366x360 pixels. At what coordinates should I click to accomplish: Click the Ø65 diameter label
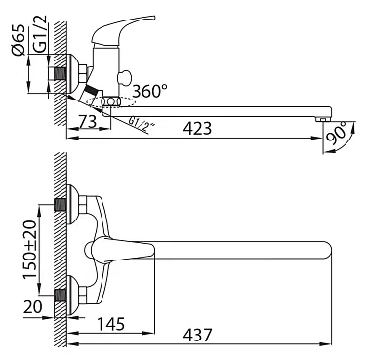click(x=19, y=39)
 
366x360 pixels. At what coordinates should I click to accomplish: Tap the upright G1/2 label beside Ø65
click(x=41, y=33)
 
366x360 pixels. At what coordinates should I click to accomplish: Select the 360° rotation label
click(x=150, y=91)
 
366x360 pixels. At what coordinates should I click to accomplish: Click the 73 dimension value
click(x=87, y=121)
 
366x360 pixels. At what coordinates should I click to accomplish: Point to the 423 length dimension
click(x=197, y=128)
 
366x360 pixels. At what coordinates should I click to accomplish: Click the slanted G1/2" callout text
click(x=141, y=125)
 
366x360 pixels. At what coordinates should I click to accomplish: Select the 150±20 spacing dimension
click(x=30, y=250)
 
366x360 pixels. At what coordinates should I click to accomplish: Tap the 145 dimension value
click(x=111, y=324)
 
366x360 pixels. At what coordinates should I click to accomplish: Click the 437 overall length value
click(x=197, y=335)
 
